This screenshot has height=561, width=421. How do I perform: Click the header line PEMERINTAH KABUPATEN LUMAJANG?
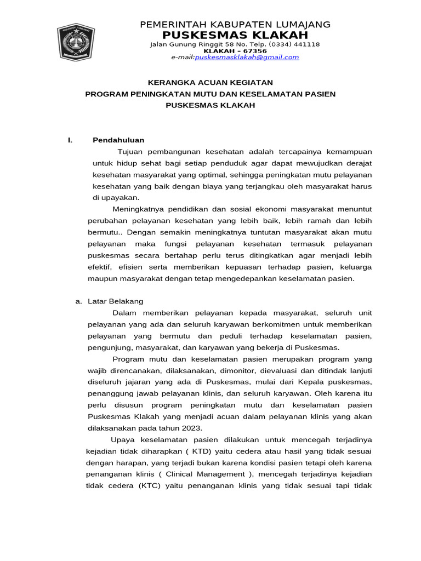236,25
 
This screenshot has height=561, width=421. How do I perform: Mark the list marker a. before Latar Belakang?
78,301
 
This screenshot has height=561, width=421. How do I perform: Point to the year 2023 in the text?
192,428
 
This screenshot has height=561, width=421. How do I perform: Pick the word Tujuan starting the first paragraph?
132,151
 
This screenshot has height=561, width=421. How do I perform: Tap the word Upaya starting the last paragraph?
122,440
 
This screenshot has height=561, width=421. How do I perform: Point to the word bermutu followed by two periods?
103,232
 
